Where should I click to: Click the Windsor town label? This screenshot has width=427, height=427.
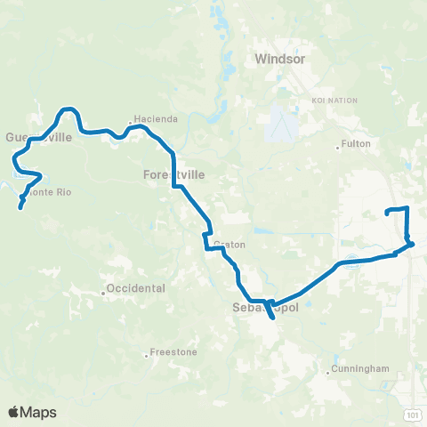tap(279, 60)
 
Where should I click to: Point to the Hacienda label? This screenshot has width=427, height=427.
tap(157, 119)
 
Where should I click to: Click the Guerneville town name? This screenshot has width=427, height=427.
tap(37, 137)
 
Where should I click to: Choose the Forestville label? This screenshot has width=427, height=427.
tap(173, 175)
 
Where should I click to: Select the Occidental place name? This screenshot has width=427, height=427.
tap(135, 289)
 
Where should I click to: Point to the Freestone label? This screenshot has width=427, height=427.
tap(169, 352)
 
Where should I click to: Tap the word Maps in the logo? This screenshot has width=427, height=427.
tap(39, 412)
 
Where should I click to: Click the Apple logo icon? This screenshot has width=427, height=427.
tap(14, 411)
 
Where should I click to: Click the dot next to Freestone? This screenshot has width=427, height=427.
tap(146, 353)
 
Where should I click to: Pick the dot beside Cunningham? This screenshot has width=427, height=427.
tap(327, 372)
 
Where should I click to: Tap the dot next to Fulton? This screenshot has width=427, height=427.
tap(338, 147)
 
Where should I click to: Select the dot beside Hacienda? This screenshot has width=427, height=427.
tap(131, 120)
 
